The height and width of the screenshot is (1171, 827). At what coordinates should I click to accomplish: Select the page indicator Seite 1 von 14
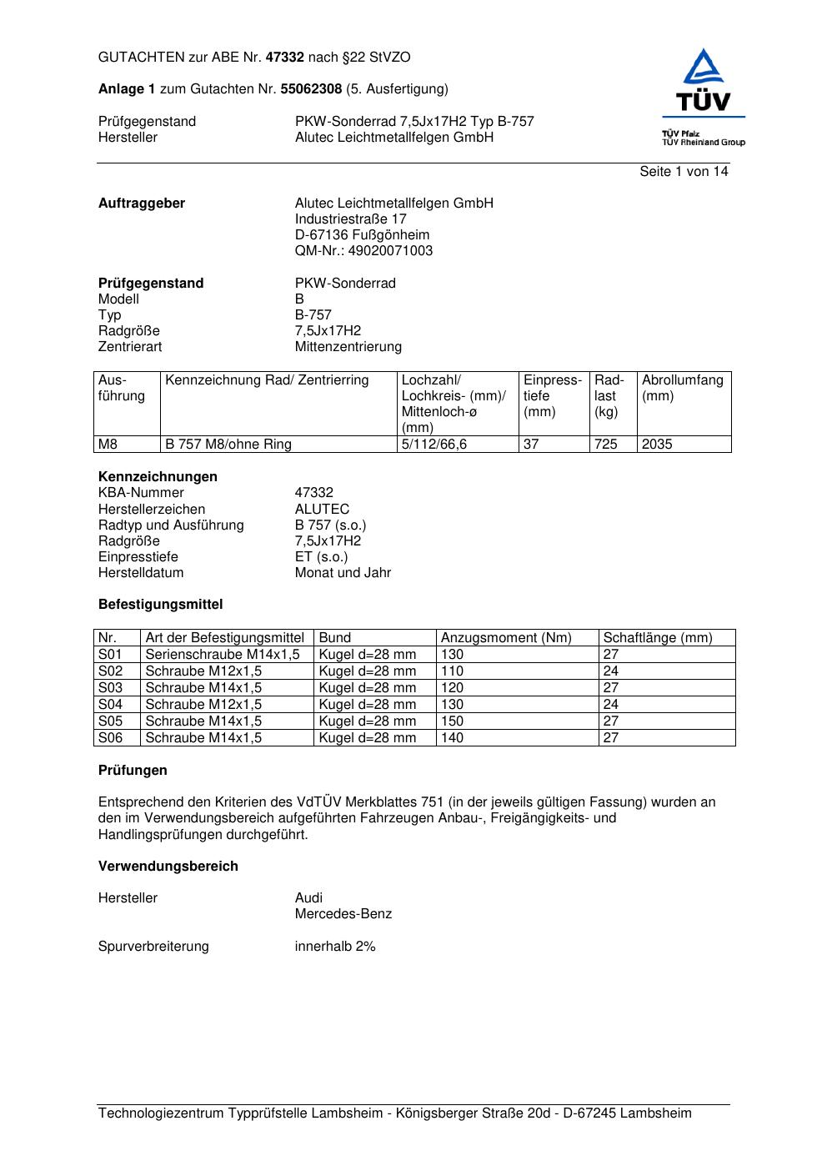(684, 172)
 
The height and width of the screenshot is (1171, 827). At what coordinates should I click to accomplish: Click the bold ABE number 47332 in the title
(284, 58)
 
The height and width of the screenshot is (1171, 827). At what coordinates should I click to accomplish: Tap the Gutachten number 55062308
(311, 89)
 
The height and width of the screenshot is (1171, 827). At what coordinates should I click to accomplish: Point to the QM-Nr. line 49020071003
(363, 251)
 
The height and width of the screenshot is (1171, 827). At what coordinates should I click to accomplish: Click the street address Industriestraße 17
(350, 219)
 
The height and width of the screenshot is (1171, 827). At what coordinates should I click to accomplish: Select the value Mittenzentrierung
(348, 347)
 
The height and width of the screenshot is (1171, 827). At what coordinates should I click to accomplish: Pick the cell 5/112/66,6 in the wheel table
(434, 445)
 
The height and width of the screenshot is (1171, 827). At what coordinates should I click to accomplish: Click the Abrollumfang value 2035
(657, 445)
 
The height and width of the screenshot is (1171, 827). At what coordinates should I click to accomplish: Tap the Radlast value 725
(606, 445)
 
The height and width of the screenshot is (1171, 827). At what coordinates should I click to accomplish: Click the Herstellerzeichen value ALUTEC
(322, 510)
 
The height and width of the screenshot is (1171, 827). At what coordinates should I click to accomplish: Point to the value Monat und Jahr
(343, 573)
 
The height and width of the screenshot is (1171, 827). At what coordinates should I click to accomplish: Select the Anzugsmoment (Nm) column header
(506, 638)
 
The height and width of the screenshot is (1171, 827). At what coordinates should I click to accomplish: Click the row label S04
(110, 705)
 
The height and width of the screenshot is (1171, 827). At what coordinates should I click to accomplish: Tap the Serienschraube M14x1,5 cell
(222, 655)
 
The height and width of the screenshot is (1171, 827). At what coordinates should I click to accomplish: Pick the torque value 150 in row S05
(452, 721)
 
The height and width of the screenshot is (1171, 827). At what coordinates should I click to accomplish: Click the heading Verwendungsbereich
(168, 867)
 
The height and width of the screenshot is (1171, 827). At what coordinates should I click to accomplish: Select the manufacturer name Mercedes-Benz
(343, 914)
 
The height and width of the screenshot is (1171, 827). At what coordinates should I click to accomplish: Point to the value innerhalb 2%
(335, 947)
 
